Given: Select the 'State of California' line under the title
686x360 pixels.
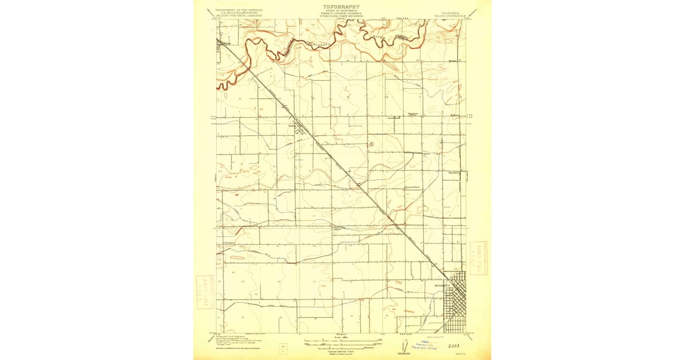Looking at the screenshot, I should [x=341, y=11].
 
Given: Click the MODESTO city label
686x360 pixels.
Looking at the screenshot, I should [x=442, y=286].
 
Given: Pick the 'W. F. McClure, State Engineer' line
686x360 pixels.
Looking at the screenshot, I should [x=341, y=17].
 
